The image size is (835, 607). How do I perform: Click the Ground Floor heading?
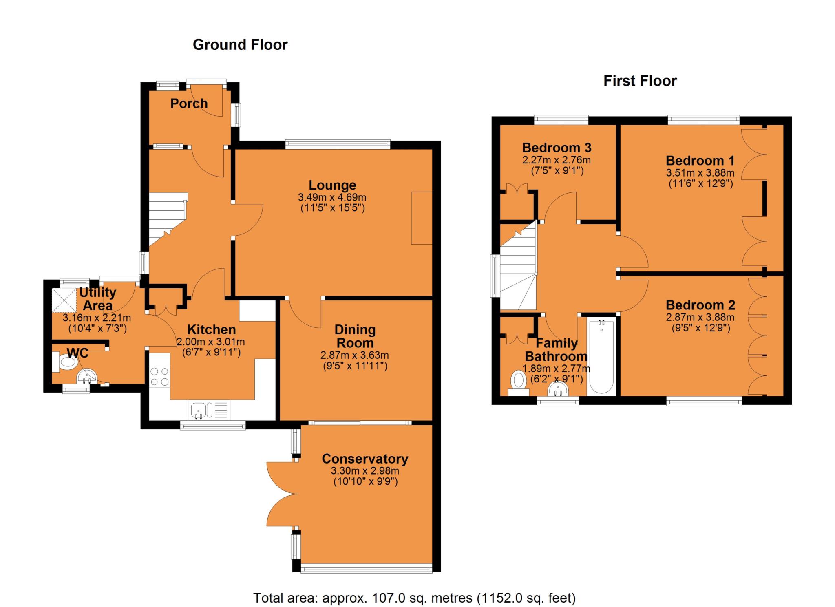click(x=240, y=44)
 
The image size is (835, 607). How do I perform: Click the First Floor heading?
click(x=640, y=81)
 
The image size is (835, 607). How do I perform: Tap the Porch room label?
click(x=189, y=104)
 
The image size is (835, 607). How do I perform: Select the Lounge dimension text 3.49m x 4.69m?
click(x=332, y=198)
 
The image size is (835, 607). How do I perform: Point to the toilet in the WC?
click(x=65, y=361)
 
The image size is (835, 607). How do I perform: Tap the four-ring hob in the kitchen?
click(x=159, y=377)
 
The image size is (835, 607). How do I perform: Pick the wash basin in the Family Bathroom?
click(x=559, y=389)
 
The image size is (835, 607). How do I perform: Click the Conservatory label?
click(x=365, y=459)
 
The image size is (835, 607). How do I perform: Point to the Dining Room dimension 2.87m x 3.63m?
click(x=355, y=355)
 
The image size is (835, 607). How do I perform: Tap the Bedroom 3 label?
click(x=557, y=148)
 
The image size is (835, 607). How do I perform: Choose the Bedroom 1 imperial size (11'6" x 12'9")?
click(x=701, y=183)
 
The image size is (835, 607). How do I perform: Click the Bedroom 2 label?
click(x=700, y=305)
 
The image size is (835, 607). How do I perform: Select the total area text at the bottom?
click(x=415, y=598)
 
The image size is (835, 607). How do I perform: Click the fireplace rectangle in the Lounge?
click(x=422, y=218)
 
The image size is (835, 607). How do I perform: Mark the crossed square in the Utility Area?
click(x=64, y=300)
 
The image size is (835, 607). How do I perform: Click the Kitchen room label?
click(x=211, y=329)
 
